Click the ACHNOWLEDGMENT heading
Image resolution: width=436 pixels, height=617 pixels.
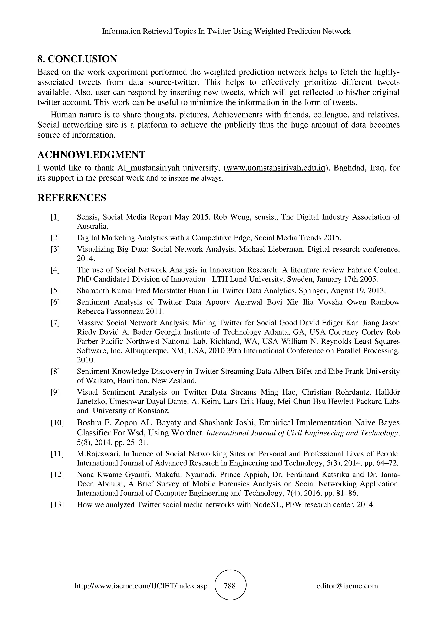pos(91,155)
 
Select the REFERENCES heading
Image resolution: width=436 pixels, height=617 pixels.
pos(72,198)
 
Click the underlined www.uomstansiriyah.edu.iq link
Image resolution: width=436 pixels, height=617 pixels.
pos(276,168)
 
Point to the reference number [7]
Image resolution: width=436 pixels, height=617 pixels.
pos(55,323)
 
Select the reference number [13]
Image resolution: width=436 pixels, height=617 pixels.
pos(57,505)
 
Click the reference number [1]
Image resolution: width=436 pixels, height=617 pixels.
pos(55,217)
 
